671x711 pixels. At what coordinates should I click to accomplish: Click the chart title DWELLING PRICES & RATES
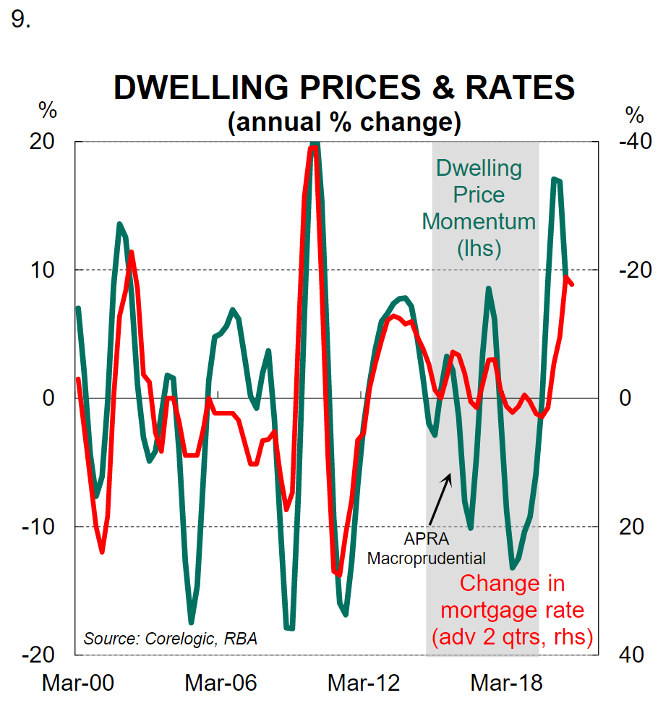344,88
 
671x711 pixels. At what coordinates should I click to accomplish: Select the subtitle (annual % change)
344,121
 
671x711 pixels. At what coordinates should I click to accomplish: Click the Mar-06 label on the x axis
221,683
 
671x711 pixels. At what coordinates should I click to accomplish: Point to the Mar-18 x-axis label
506,683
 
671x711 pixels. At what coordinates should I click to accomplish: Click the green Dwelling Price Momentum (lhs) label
479,208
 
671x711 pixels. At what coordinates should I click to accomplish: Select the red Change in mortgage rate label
512,610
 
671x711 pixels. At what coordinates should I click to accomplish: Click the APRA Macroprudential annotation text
427,549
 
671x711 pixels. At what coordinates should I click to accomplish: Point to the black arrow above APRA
440,499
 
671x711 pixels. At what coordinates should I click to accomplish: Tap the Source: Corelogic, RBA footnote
171,639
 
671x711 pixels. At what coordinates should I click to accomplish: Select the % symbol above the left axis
48,112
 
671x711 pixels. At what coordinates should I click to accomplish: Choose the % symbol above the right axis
633,114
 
